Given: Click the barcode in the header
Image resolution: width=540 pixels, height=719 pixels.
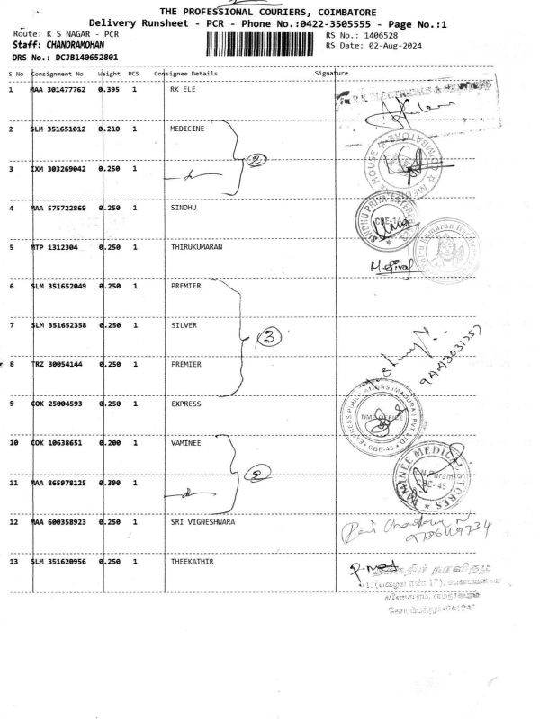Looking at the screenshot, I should pyautogui.click(x=262, y=42).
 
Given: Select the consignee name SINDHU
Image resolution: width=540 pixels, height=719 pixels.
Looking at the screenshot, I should pyautogui.click(x=184, y=208).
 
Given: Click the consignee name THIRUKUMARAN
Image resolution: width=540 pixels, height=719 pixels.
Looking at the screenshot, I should pyautogui.click(x=195, y=246).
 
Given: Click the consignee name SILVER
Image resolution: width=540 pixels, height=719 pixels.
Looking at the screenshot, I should pyautogui.click(x=184, y=325).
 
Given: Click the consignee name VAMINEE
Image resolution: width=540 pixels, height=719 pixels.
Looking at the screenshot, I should pyautogui.click(x=186, y=443).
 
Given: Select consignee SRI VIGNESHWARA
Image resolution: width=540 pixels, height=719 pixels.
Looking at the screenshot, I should pyautogui.click(x=202, y=521).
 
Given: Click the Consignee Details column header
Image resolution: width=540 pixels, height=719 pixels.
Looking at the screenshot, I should pyautogui.click(x=185, y=74).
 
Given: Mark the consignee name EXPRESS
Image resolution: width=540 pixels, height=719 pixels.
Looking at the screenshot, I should pyautogui.click(x=186, y=404).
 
